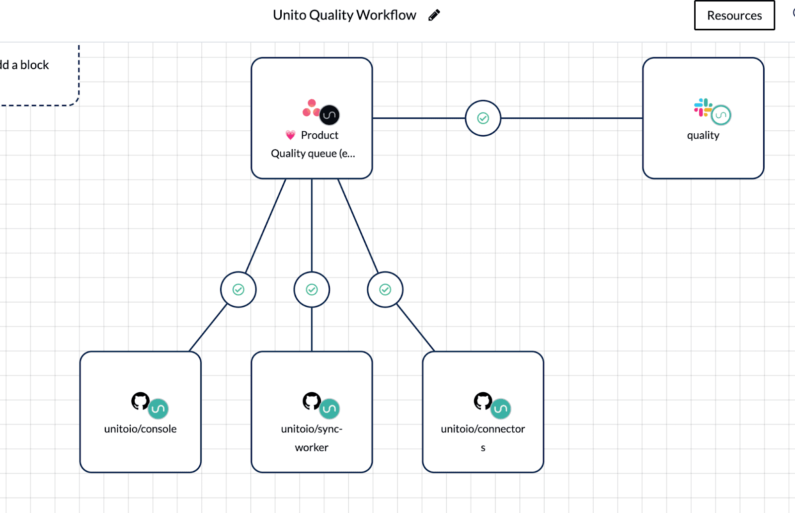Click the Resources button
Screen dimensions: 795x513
(x=734, y=15)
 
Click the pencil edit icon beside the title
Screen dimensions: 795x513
(x=434, y=15)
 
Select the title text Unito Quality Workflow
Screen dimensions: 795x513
(x=344, y=15)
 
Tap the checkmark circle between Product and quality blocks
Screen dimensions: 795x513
(x=482, y=118)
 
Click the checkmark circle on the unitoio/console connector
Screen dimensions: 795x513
(x=238, y=289)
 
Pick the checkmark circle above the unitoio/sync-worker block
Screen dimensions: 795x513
(x=312, y=289)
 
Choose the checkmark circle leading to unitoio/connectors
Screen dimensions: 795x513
(x=385, y=289)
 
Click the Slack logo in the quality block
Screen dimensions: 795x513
(x=703, y=107)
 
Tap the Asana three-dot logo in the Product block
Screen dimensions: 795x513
(x=311, y=108)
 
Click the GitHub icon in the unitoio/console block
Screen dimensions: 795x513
(x=140, y=401)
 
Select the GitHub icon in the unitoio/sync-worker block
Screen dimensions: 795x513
(x=312, y=401)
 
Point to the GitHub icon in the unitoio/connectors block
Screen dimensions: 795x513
(x=482, y=401)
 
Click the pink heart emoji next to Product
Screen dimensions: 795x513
(x=291, y=135)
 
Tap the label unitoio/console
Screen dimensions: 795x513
(x=140, y=429)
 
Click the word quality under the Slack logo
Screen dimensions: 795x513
(x=703, y=135)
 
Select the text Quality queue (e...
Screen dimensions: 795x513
(x=313, y=154)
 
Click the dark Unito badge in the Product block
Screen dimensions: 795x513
(x=329, y=115)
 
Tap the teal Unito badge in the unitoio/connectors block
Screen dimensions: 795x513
(x=501, y=409)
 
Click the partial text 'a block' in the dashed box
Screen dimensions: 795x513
(x=30, y=65)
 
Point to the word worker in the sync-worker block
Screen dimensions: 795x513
(x=312, y=447)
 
